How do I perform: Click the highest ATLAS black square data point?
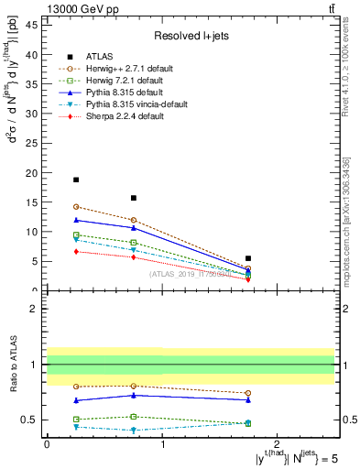point(76,180)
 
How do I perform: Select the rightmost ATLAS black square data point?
point(248,258)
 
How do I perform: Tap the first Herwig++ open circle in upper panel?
point(76,207)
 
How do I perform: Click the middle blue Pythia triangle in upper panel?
point(134,228)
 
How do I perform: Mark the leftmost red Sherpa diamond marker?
point(76,251)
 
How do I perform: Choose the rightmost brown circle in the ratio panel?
point(248,393)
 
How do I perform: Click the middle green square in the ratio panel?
point(134,417)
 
